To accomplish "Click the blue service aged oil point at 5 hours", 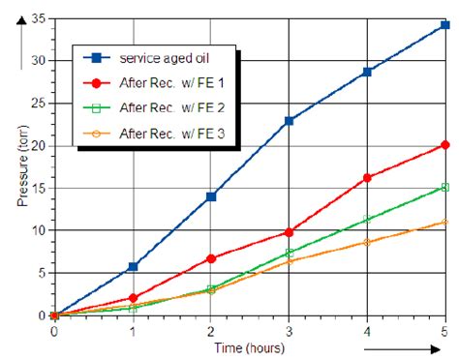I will (444, 25).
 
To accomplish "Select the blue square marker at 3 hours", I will (289, 121).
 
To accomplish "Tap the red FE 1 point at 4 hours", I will (367, 177).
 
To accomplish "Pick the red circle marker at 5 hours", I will (444, 145).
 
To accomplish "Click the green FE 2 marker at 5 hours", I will (444, 187).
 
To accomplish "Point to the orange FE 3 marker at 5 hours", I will (444, 223).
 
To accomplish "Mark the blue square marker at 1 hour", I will (133, 266).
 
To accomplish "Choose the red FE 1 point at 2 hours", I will (211, 258).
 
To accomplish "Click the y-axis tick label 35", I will (38, 18).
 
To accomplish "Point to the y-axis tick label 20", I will (38, 145).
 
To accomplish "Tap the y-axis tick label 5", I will (42, 273).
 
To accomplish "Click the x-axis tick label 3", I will (289, 330).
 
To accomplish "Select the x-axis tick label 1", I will (133, 330).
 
